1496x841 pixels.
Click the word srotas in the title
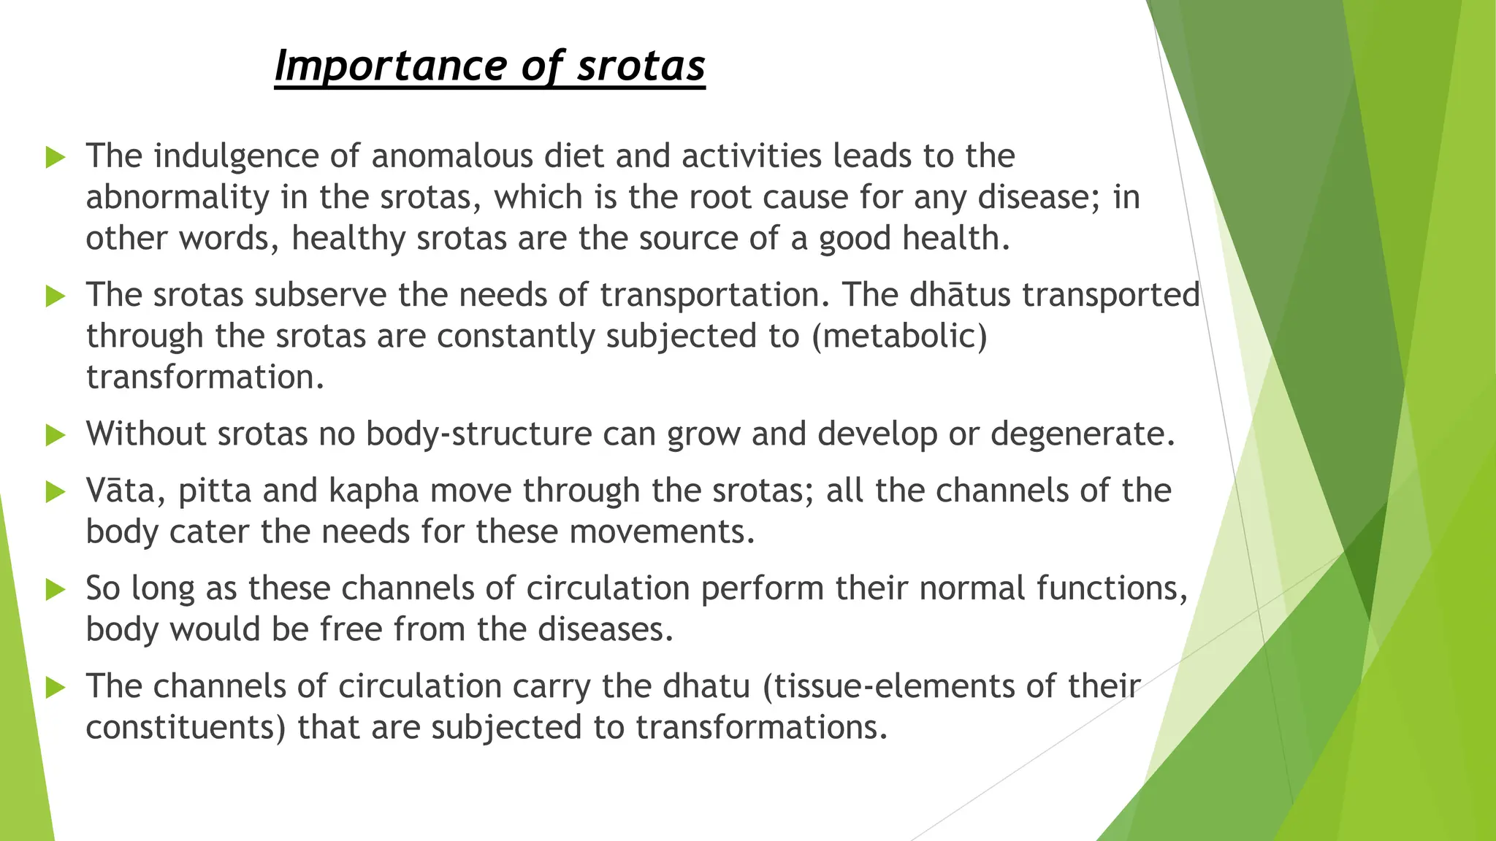[x=641, y=66]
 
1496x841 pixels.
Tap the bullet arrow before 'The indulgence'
[x=56, y=157]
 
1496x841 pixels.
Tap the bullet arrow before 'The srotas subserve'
[x=56, y=296]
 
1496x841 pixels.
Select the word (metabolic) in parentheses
[x=899, y=337]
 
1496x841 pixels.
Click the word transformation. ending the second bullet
[x=205, y=377]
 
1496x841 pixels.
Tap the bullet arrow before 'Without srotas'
[x=56, y=435]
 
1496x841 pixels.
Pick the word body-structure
[x=478, y=434]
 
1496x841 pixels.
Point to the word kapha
[x=373, y=491]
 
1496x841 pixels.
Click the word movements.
[x=662, y=531]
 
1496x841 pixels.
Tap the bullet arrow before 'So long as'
[x=56, y=589]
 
